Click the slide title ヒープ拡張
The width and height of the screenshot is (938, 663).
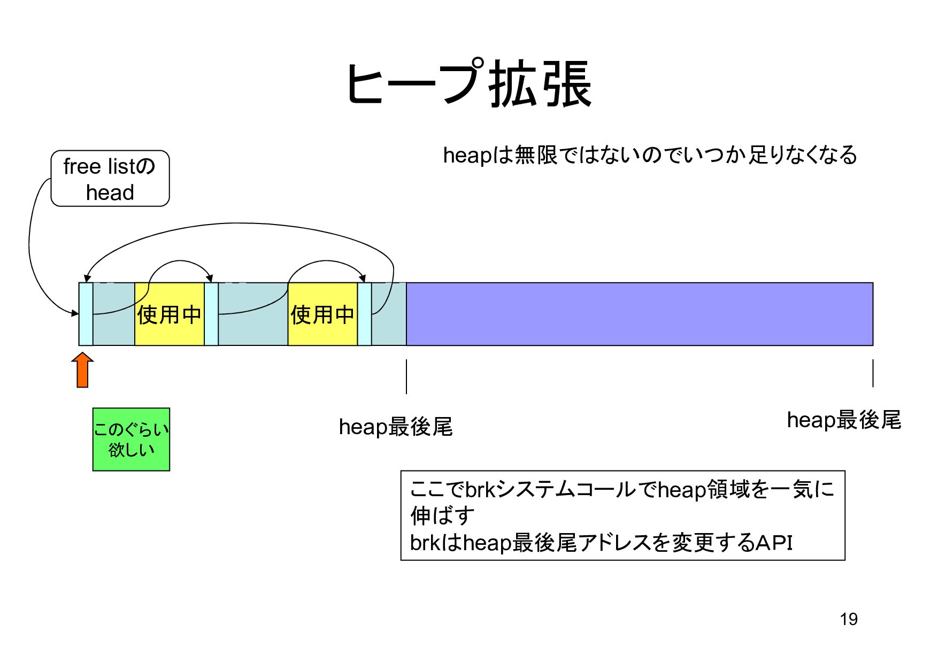click(x=469, y=84)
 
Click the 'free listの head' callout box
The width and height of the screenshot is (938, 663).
click(x=110, y=179)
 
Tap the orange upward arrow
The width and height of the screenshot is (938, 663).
click(x=82, y=369)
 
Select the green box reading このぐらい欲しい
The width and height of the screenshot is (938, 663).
click(x=131, y=440)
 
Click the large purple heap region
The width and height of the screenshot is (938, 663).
click(x=639, y=314)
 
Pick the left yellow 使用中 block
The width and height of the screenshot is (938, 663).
click(x=169, y=314)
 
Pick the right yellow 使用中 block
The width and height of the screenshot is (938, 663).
click(x=322, y=314)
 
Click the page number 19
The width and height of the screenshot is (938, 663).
click(x=849, y=619)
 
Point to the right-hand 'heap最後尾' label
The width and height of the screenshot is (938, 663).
click(x=844, y=420)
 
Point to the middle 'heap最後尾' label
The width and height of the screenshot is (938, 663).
click(x=396, y=427)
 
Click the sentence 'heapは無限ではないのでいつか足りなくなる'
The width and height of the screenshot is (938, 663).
click(x=650, y=155)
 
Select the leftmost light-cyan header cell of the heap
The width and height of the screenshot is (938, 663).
click(x=86, y=314)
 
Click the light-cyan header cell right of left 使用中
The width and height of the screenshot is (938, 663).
click(x=211, y=314)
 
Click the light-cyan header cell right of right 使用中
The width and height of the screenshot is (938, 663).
click(x=364, y=314)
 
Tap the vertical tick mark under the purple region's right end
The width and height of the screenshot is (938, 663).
click(x=873, y=373)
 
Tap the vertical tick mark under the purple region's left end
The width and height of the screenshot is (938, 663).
click(x=406, y=376)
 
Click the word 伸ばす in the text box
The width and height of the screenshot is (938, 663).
click(x=442, y=516)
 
